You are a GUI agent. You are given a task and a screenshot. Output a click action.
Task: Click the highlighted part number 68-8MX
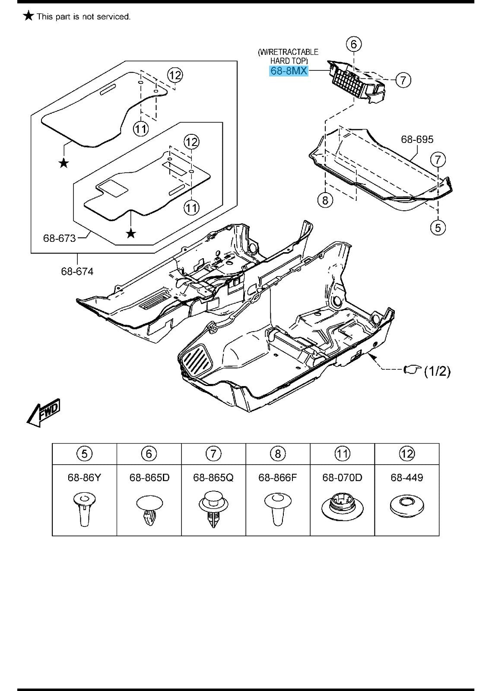point(289,70)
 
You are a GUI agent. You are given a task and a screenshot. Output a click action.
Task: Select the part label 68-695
point(417,139)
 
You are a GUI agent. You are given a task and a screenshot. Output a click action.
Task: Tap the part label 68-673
point(59,238)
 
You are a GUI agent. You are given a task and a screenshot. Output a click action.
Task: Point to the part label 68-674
point(77,271)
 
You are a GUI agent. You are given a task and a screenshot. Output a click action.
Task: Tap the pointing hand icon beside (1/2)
point(411,370)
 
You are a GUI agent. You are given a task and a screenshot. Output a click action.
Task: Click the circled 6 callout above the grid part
point(353,44)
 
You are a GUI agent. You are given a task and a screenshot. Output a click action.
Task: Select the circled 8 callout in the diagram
point(325,200)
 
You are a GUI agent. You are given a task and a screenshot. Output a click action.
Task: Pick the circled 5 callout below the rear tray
point(438,227)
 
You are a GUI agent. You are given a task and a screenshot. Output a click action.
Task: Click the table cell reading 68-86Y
point(84,477)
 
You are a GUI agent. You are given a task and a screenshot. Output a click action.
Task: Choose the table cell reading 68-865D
point(149,477)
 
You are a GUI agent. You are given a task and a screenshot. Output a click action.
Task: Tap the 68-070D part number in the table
point(342,477)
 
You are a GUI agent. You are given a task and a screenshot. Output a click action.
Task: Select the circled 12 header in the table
point(407,453)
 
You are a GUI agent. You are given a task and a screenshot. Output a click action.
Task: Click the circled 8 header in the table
point(278,453)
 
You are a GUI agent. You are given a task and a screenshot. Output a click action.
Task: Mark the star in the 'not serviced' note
point(29,16)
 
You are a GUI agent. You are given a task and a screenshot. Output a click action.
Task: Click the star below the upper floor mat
point(64,163)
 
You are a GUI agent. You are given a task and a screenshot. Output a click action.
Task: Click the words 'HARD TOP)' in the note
point(289,61)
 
